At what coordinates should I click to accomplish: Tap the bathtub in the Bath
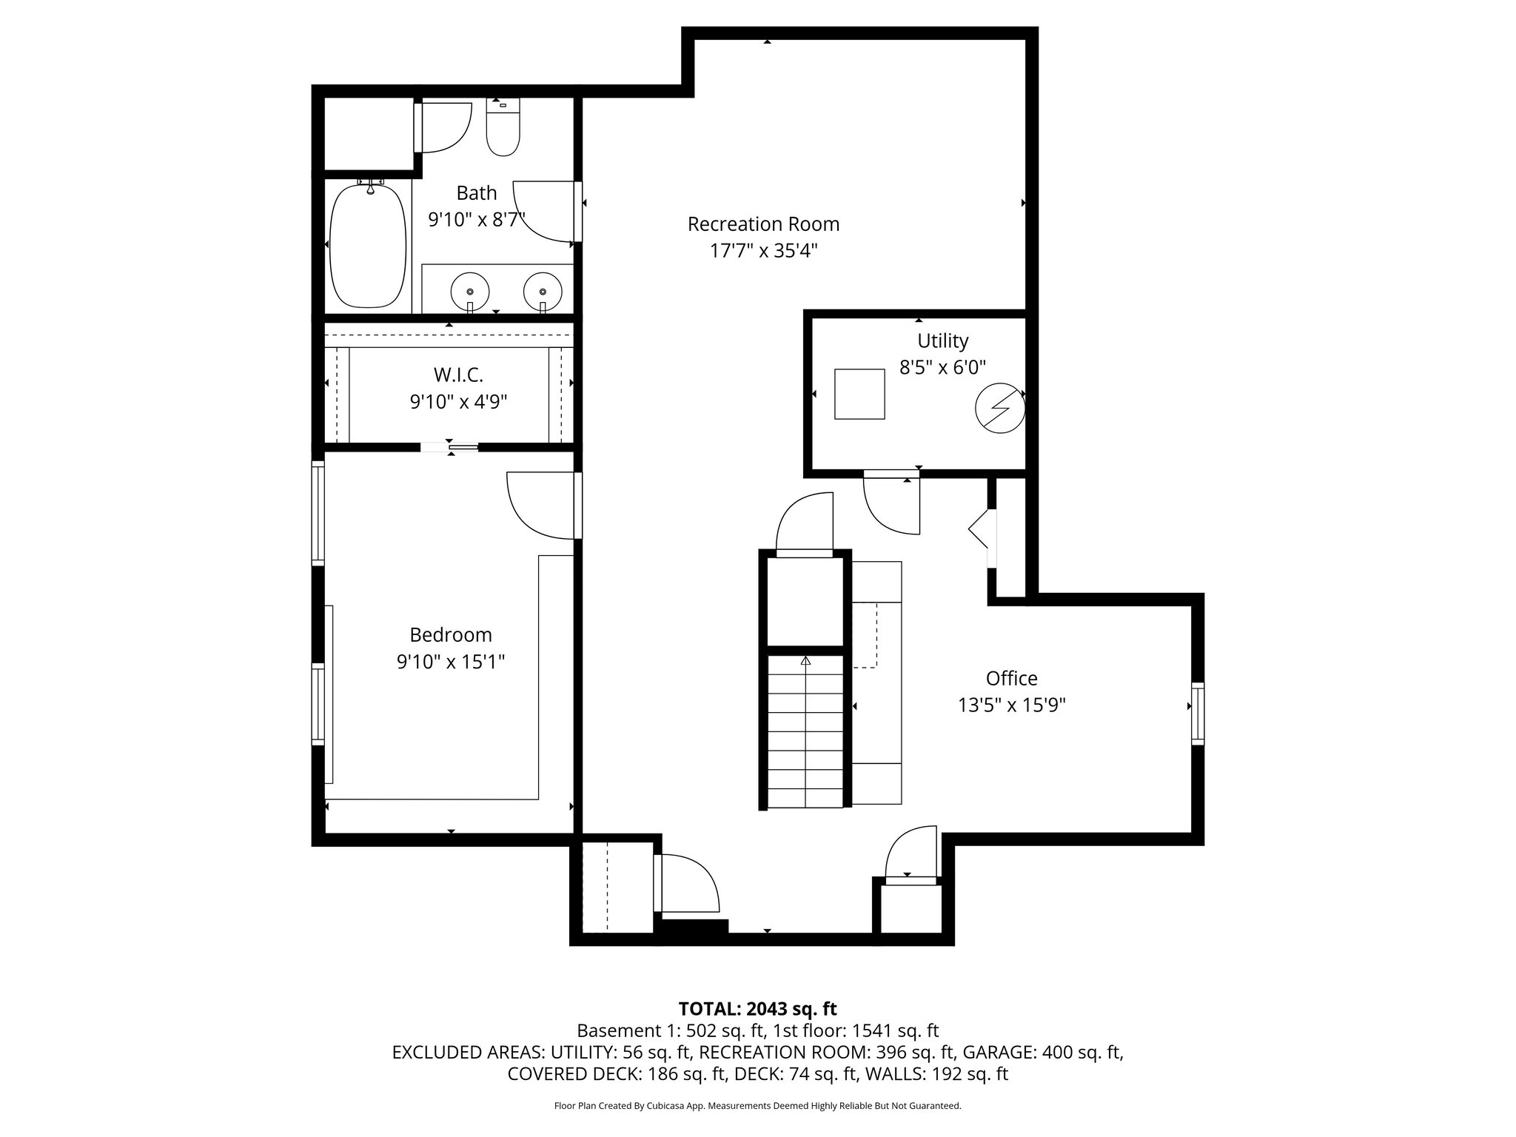tap(368, 245)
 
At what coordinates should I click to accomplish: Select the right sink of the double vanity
tap(543, 289)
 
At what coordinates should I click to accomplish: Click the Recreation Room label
tap(763, 224)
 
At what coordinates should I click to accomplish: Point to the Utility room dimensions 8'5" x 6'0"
tap(942, 367)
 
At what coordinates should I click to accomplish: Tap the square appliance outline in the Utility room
tap(859, 394)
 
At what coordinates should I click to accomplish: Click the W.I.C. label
tap(458, 375)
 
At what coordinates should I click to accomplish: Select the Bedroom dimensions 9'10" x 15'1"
tap(450, 661)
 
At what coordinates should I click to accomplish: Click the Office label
tap(1011, 678)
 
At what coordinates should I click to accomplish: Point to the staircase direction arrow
tap(806, 661)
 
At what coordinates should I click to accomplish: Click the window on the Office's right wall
tap(1197, 713)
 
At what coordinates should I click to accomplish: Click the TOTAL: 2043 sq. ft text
tap(757, 1008)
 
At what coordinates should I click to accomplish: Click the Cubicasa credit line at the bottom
tap(757, 1106)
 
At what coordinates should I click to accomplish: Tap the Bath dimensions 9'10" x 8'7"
tap(476, 219)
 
